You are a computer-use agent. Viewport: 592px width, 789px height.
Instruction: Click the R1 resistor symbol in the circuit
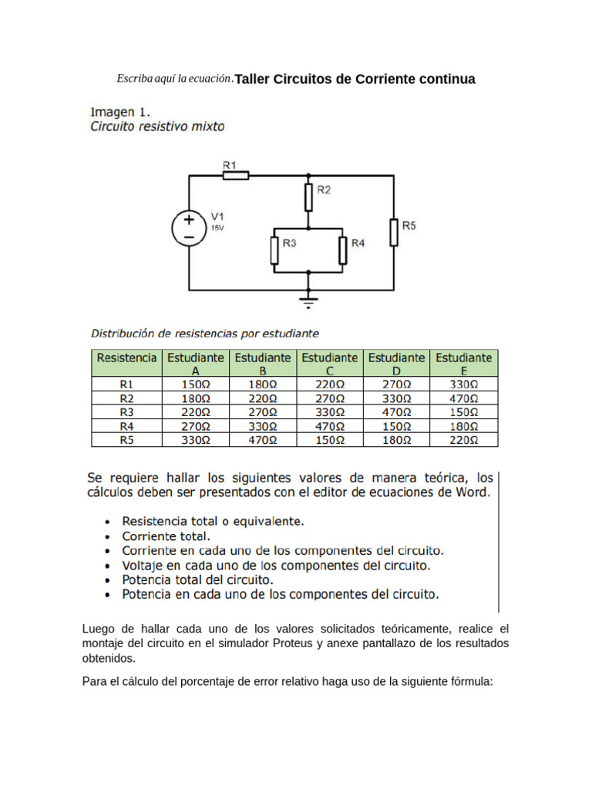(x=236, y=176)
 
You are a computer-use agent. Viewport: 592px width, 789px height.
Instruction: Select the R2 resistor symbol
(x=308, y=197)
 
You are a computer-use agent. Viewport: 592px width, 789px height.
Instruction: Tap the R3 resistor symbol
(x=274, y=249)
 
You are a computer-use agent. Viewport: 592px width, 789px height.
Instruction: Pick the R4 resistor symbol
(x=341, y=249)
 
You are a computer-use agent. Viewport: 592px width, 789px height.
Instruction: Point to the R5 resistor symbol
(x=393, y=232)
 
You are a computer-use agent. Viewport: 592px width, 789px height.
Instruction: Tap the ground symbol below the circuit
(x=308, y=300)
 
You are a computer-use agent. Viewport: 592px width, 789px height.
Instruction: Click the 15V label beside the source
(x=218, y=228)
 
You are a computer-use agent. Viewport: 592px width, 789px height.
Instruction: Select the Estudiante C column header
(x=329, y=364)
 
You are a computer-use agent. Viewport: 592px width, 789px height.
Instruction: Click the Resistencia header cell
(x=126, y=358)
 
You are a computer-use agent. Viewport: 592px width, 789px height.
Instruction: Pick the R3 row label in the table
(x=126, y=412)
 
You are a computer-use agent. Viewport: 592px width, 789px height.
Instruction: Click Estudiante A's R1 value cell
(x=196, y=384)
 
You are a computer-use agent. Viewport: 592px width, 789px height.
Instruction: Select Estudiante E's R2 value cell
(x=463, y=398)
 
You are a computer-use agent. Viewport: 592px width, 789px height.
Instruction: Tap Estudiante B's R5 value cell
(x=262, y=440)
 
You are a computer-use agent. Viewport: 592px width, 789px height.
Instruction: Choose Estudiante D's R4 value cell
(x=396, y=426)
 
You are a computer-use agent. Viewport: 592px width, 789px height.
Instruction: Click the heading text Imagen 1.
(x=120, y=110)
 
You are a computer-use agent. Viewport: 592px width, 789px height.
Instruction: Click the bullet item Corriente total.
(x=166, y=536)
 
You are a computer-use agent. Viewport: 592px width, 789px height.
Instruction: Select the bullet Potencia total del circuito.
(x=197, y=579)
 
